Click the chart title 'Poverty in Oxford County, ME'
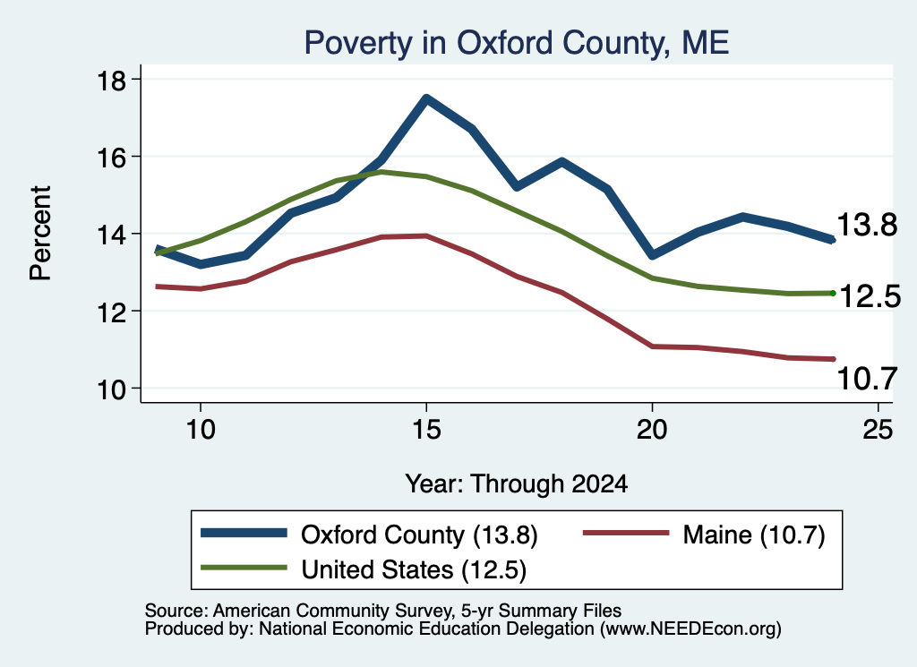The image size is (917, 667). (x=517, y=43)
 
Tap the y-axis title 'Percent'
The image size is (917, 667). (x=40, y=234)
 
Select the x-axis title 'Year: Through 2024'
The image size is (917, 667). (x=517, y=484)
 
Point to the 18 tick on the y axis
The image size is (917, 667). (x=111, y=80)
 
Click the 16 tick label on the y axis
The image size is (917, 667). (x=111, y=158)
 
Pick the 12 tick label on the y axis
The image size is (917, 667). (x=111, y=312)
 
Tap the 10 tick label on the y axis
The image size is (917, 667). (x=111, y=389)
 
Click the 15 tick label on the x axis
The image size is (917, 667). (x=426, y=430)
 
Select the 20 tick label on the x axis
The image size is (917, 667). (x=652, y=430)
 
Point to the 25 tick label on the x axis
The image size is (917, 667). (x=878, y=430)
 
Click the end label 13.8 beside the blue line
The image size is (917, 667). (x=867, y=225)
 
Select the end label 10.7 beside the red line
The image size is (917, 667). (x=867, y=378)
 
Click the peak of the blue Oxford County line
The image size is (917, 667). (x=426, y=98)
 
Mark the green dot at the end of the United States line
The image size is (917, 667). (x=833, y=293)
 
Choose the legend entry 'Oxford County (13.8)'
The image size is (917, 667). (x=419, y=534)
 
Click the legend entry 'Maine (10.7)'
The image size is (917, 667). (x=754, y=534)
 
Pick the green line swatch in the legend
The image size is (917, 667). (x=244, y=568)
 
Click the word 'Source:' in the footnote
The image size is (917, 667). (x=176, y=611)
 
